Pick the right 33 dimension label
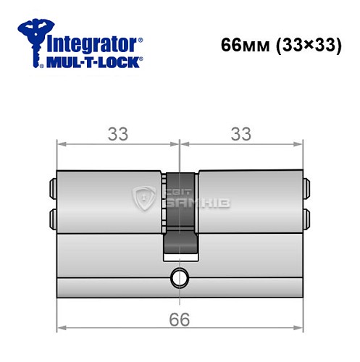click(x=240, y=135)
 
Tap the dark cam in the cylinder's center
click(x=179, y=217)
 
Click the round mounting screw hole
click(x=178, y=276)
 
